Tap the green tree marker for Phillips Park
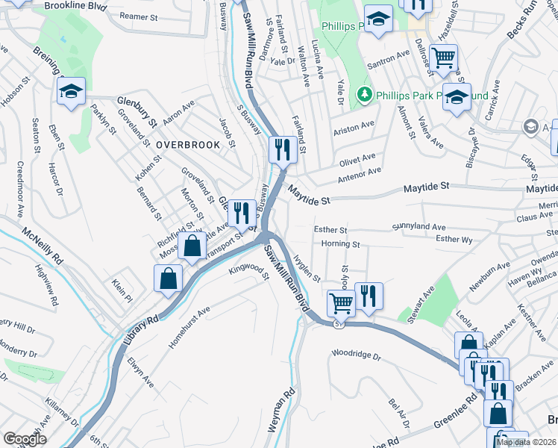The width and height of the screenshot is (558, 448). [364, 96]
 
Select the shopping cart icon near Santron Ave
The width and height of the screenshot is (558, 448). [444, 57]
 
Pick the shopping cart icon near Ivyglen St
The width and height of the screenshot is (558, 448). [341, 302]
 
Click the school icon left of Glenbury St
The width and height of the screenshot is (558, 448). [72, 91]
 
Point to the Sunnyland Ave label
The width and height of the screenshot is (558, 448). [419, 226]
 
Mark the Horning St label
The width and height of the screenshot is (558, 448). [340, 244]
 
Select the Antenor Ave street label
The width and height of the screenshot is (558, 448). [359, 173]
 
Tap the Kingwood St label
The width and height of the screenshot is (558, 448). [249, 271]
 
